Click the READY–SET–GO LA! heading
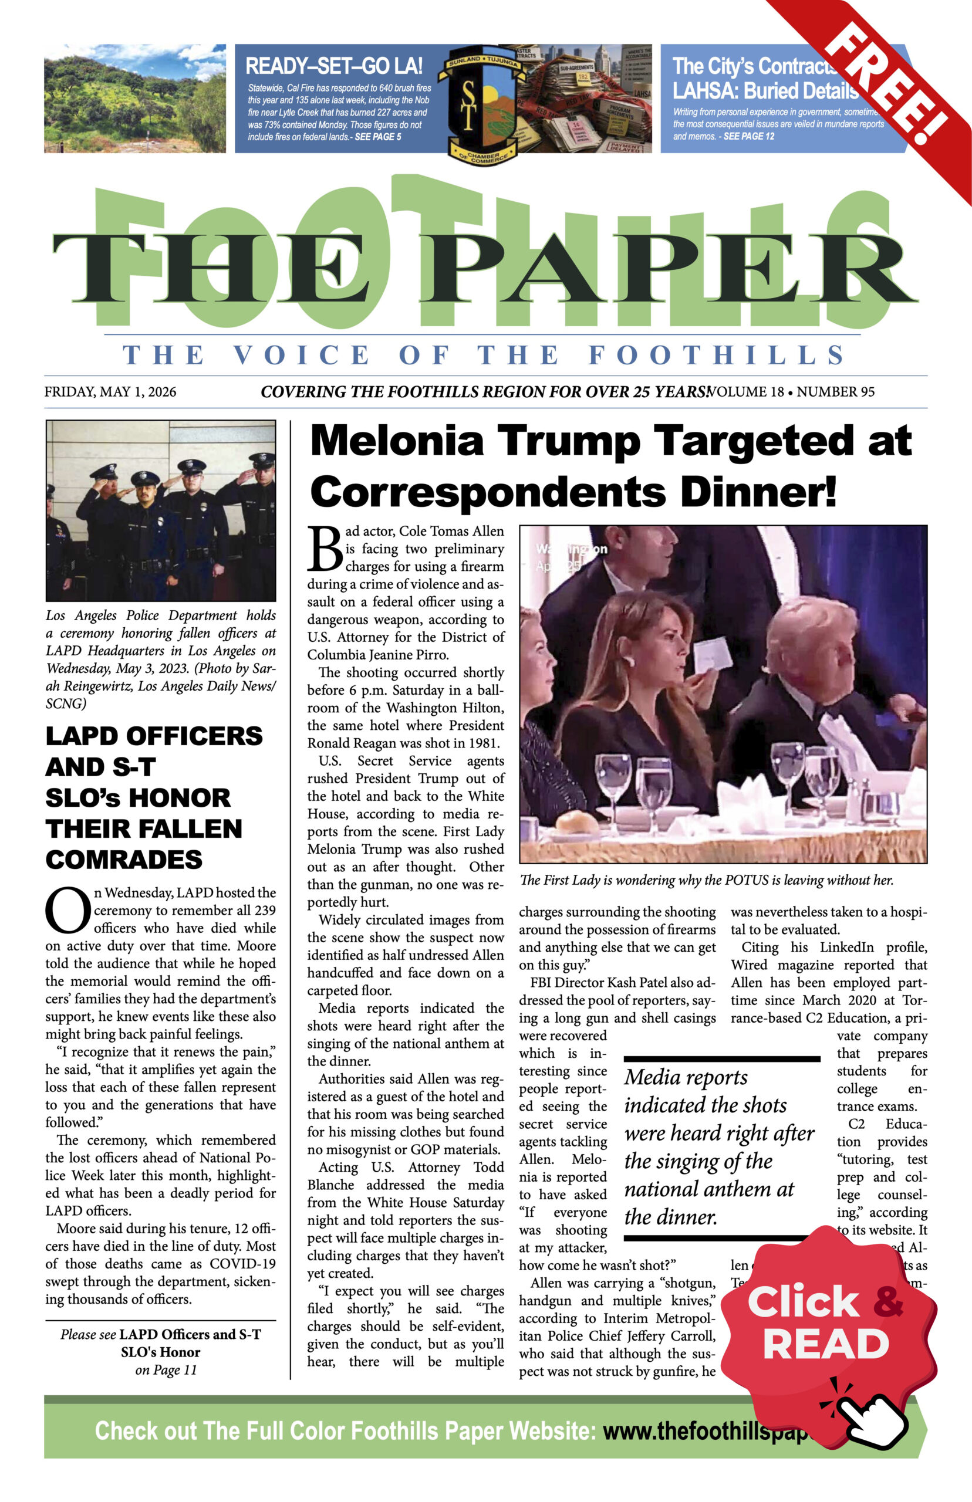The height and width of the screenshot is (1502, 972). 334,66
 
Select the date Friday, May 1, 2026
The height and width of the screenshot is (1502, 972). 110,392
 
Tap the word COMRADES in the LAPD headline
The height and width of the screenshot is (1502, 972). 124,859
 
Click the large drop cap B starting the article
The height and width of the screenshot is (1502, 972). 325,549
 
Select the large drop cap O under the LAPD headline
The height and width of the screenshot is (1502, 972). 68,910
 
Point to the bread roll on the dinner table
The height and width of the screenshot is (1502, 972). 576,822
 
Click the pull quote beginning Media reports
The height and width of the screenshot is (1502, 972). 720,1147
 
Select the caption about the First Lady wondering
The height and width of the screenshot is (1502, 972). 706,880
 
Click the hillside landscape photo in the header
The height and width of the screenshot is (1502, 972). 134,99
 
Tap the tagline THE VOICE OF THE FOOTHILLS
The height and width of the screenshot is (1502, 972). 484,355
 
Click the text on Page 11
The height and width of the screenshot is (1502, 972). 166,1369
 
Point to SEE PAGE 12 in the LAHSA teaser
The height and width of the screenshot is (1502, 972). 748,136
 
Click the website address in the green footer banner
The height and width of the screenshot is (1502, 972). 704,1431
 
